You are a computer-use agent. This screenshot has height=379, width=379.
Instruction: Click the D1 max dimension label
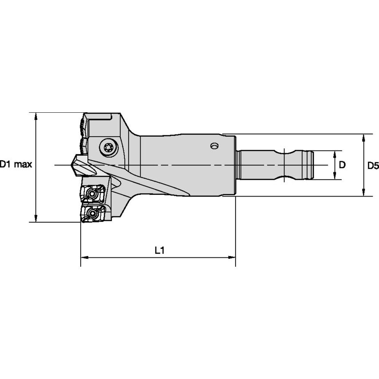pos(16,165)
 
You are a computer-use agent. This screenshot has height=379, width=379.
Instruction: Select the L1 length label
pos(160,250)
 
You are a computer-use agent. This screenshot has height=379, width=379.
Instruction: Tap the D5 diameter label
pos(373,166)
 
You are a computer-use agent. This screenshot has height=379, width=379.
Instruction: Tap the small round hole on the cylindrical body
pos(214,145)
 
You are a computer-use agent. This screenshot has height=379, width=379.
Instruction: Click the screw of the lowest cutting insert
pos(91,213)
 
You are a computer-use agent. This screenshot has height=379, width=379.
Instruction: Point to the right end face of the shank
pos(313,165)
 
